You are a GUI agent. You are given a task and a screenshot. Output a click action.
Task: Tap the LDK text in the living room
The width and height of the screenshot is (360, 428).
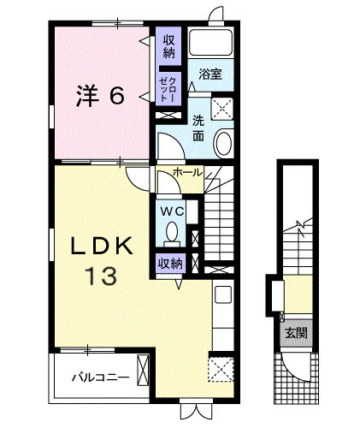(101, 247)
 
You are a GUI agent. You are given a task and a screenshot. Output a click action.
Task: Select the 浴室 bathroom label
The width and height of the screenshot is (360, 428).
(210, 74)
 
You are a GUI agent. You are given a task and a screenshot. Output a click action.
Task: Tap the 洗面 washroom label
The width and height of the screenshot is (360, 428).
(198, 128)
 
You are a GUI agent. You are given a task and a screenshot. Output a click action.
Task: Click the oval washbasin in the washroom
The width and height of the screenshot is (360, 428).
(224, 143)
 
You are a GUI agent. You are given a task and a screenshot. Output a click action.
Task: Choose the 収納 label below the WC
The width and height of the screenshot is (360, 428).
(169, 264)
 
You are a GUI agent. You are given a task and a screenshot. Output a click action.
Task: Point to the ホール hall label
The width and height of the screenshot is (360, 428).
(187, 173)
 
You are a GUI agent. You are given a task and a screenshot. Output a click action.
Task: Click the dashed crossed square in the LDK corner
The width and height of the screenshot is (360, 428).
(221, 370)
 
